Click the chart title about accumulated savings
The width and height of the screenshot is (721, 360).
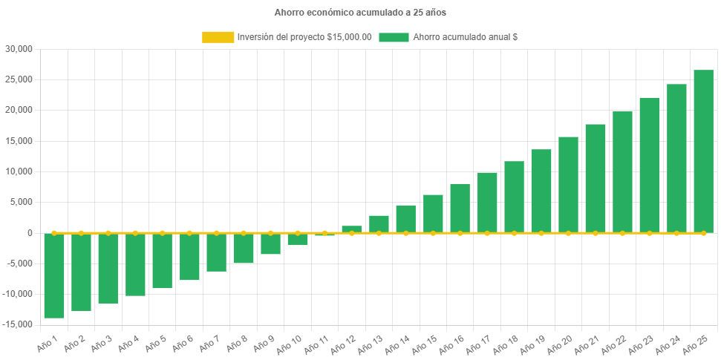[360, 13]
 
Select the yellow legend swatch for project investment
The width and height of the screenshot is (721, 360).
[217, 37]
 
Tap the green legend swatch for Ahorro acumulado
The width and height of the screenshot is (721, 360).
[394, 37]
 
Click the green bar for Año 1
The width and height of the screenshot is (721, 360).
[54, 275]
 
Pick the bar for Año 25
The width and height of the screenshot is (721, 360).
[703, 151]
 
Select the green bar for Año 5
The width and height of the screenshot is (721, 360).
[162, 261]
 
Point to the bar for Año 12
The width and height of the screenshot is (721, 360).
[352, 229]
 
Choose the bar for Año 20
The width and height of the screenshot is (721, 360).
[568, 185]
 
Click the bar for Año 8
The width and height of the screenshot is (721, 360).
[244, 248]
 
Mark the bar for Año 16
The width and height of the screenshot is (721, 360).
[460, 208]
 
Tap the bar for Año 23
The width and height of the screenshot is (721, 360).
[649, 165]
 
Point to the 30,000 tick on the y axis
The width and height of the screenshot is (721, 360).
[20, 49]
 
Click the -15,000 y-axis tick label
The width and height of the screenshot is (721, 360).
[19, 324]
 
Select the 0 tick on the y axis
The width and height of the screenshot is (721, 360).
[30, 233]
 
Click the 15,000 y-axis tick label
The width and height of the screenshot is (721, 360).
[20, 141]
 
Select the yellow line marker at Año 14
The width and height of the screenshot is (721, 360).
[405, 233]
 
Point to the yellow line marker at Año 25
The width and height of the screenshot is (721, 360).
[703, 233]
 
